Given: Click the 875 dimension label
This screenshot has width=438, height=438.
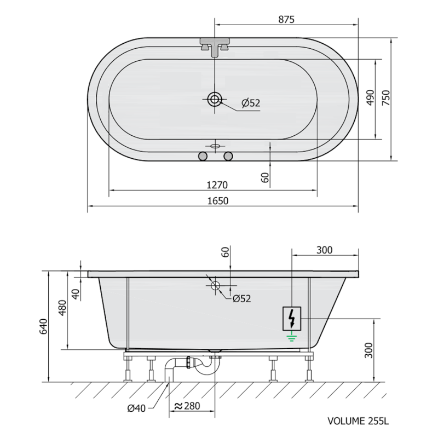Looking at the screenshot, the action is [x=286, y=19].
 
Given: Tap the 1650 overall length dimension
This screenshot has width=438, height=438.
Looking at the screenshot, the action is [x=218, y=201].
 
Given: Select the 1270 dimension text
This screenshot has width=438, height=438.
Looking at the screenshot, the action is [x=217, y=185].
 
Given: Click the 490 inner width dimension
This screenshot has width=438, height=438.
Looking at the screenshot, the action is [x=370, y=97].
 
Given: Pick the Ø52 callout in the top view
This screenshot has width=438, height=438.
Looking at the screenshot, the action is [x=251, y=103].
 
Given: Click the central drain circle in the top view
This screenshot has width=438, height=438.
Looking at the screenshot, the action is [x=215, y=99].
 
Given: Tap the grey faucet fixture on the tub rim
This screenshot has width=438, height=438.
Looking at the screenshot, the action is [x=215, y=47].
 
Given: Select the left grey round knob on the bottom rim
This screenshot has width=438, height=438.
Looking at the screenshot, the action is [x=203, y=156].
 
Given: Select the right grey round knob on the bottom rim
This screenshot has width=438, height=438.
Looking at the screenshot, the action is [x=228, y=156].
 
